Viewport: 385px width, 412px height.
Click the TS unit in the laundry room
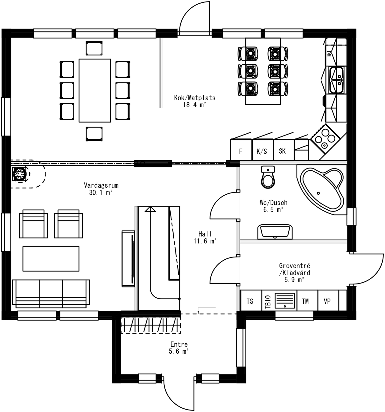(x=250, y=301)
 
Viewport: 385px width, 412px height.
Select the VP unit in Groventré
(x=327, y=301)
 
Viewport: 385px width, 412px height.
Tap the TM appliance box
(x=305, y=301)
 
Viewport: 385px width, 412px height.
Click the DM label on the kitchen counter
(x=328, y=54)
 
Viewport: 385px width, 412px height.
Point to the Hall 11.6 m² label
(x=205, y=238)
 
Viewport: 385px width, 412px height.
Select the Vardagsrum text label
(x=101, y=185)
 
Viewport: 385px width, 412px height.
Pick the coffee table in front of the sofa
(x=51, y=259)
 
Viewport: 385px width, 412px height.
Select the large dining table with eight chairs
(x=95, y=90)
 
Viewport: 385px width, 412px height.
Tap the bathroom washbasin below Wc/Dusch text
(x=275, y=231)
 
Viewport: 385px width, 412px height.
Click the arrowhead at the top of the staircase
(x=150, y=209)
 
